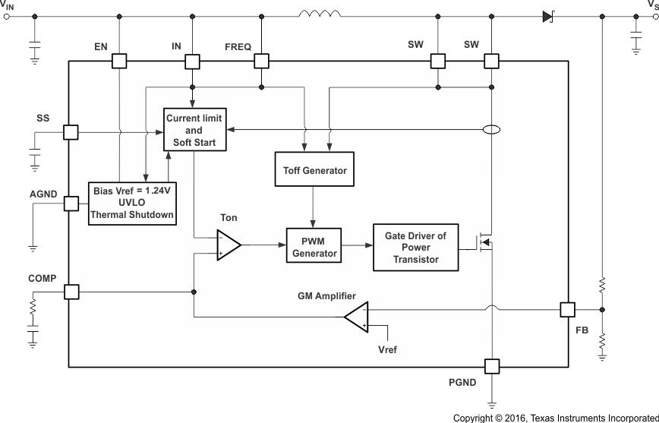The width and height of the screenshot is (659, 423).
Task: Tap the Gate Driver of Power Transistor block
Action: tap(415, 248)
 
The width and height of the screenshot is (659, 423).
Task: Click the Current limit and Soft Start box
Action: tap(195, 129)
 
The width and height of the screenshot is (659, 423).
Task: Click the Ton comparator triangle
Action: tap(228, 245)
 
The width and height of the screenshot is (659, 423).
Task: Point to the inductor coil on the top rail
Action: tap(320, 13)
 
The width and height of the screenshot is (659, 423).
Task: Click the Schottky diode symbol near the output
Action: tap(547, 14)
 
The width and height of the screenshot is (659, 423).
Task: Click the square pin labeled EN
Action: tap(120, 62)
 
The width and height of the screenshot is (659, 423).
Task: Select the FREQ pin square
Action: tap(261, 62)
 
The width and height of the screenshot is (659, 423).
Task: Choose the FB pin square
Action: tap(568, 309)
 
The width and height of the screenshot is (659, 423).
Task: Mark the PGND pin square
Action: tap(492, 367)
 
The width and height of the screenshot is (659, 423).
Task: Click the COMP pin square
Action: tap(71, 292)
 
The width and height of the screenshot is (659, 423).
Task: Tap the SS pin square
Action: tap(71, 132)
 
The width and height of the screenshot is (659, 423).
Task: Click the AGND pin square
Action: tap(71, 204)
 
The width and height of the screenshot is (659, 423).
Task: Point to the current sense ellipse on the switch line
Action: tap(492, 130)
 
